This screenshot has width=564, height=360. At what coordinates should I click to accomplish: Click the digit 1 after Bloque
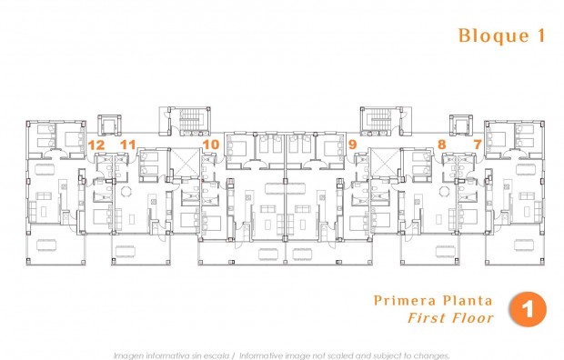pos(541,36)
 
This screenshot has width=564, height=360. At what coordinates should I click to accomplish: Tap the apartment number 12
pos(96,144)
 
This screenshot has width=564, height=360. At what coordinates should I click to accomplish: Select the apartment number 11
pos(127,144)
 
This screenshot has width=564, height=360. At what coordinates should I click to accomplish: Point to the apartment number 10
pos(211,144)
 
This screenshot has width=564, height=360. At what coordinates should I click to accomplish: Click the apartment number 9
pos(352,144)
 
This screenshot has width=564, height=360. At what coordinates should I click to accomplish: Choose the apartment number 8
pos(441,144)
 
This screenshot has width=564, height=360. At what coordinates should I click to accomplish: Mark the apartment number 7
pos(478,144)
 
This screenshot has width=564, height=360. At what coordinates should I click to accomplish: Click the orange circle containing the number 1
pos(528,309)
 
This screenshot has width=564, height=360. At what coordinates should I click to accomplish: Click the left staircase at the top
pos(192,120)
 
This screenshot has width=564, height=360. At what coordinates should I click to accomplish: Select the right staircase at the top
pos(374,120)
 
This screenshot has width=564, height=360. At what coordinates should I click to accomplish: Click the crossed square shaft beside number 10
pos(186,161)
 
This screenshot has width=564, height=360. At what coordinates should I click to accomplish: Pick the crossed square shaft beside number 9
pos(379,161)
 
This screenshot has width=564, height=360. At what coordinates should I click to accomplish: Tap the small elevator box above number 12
pos(108,124)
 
